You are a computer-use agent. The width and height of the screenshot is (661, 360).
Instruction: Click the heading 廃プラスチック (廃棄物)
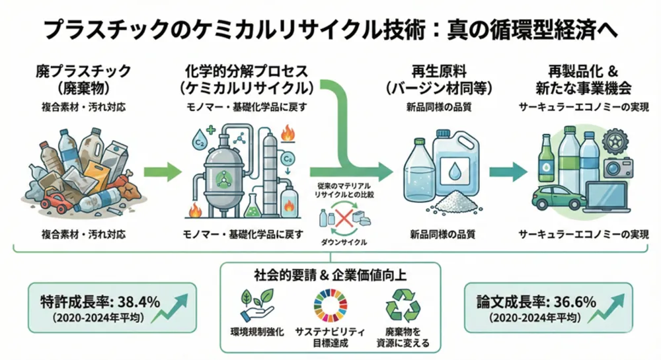point(83,78)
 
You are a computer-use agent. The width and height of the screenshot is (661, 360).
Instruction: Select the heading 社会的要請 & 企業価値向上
point(329,274)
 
